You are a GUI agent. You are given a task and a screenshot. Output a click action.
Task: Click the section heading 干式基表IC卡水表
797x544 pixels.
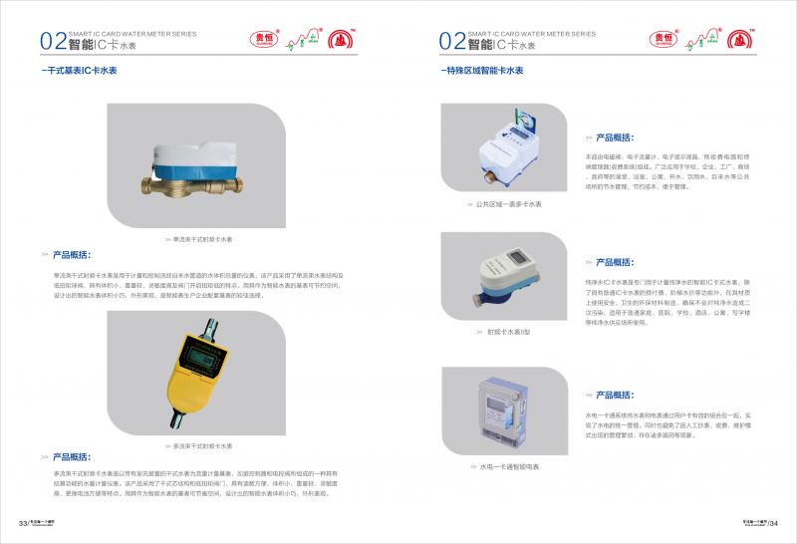click(82, 72)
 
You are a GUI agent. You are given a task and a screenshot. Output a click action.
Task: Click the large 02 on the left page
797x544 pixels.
click(53, 41)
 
